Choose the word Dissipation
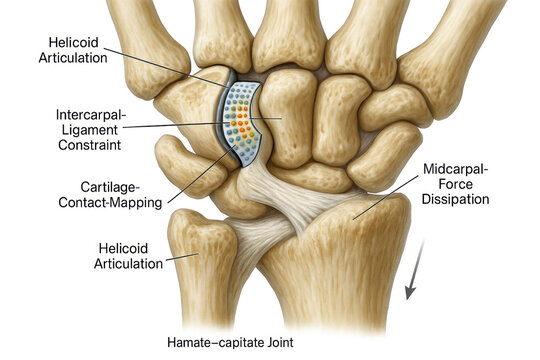point(456,199)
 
